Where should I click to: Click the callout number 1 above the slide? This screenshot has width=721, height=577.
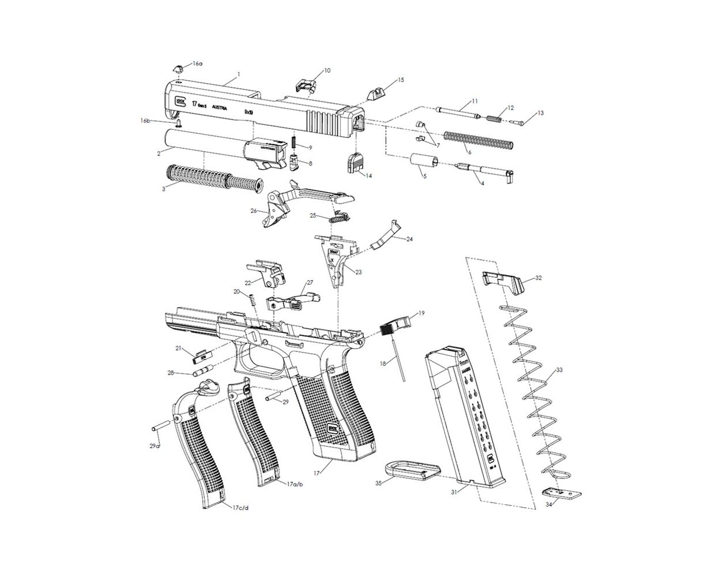[238, 74]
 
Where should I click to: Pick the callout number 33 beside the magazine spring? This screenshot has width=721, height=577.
[559, 370]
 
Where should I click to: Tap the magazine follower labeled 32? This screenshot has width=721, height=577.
[502, 281]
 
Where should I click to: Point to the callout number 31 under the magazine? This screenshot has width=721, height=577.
[455, 492]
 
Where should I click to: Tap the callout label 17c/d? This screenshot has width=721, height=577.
[241, 508]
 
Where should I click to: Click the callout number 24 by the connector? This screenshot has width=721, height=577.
[409, 239]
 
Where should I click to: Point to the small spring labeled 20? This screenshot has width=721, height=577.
[252, 301]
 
